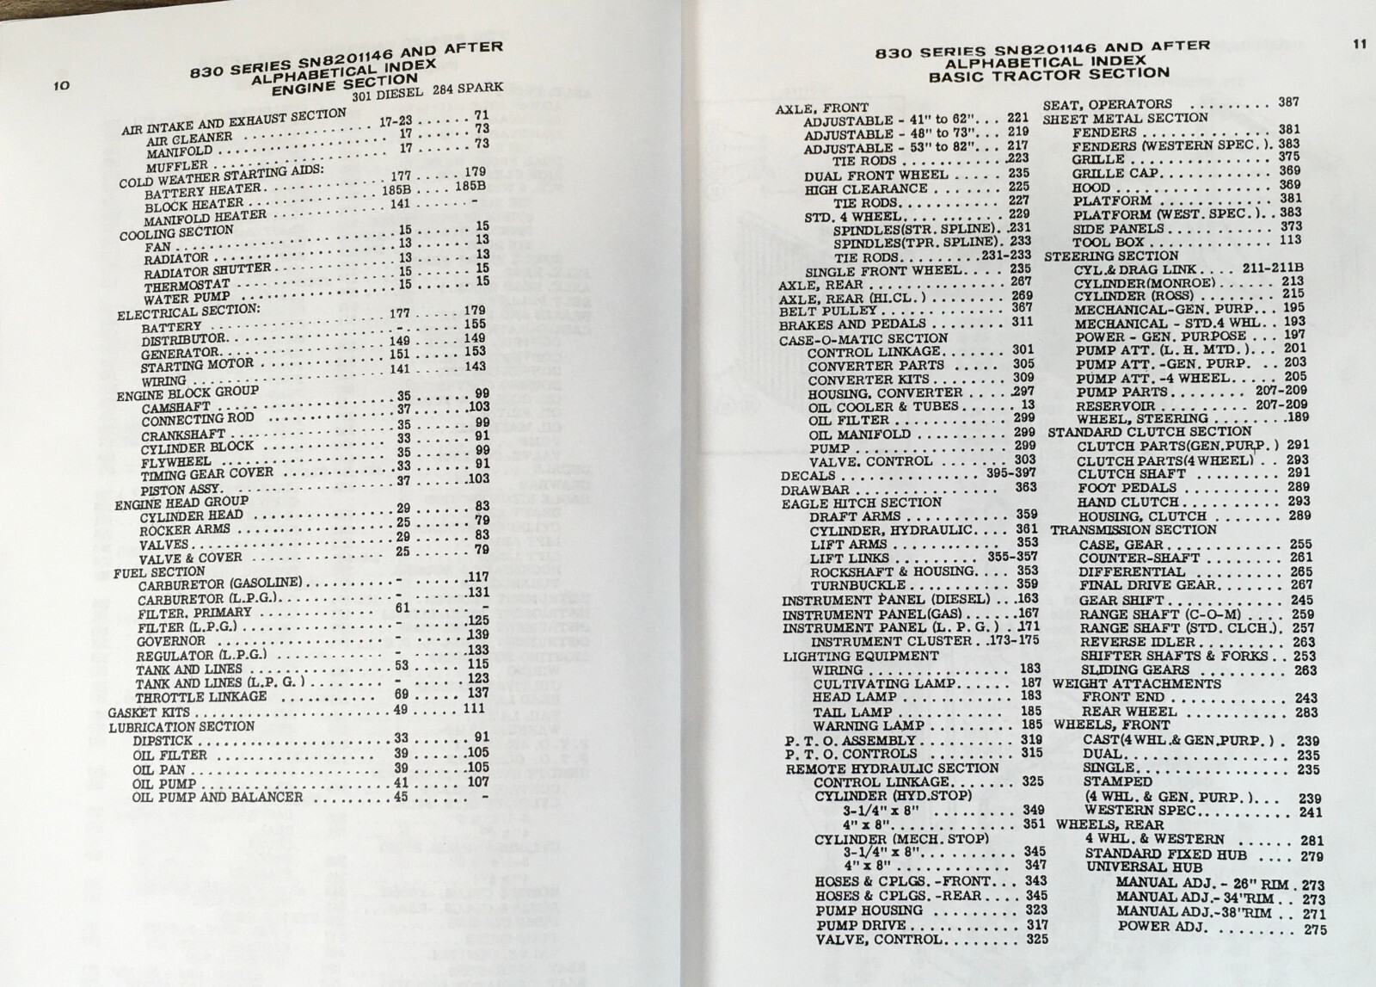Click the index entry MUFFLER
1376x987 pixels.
point(175,165)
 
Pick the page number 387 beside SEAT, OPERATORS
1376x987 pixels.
point(1288,102)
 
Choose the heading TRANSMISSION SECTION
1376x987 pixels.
point(1133,530)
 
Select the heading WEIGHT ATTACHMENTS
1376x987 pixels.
point(1136,683)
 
